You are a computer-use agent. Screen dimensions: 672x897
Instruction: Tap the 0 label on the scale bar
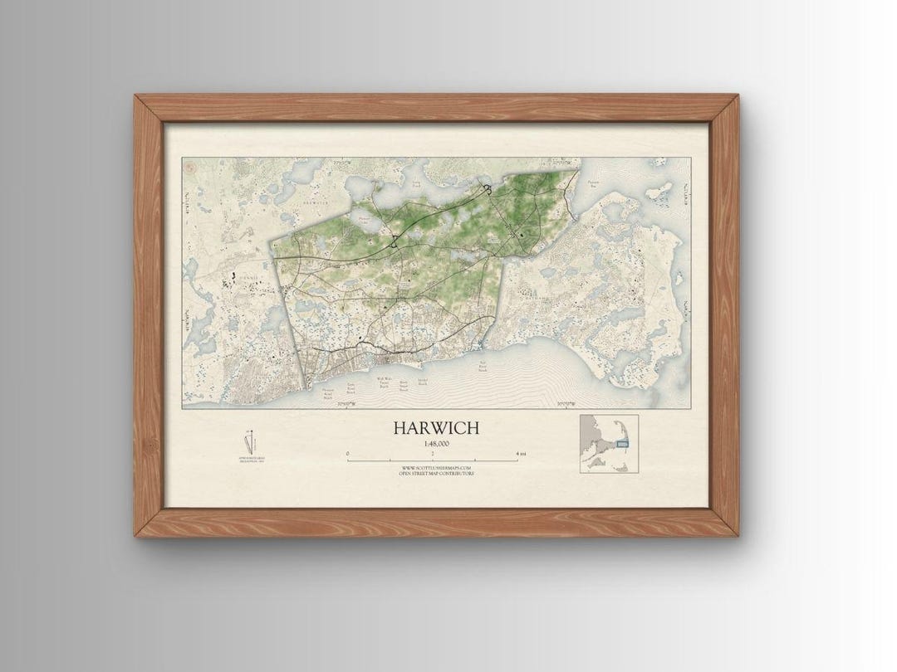click(347, 453)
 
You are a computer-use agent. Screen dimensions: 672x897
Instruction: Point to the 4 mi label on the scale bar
click(520, 453)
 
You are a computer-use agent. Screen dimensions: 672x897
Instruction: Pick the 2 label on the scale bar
click(433, 453)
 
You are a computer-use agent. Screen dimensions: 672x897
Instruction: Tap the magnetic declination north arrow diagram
click(247, 441)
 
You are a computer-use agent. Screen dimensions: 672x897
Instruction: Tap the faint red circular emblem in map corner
click(189, 168)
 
